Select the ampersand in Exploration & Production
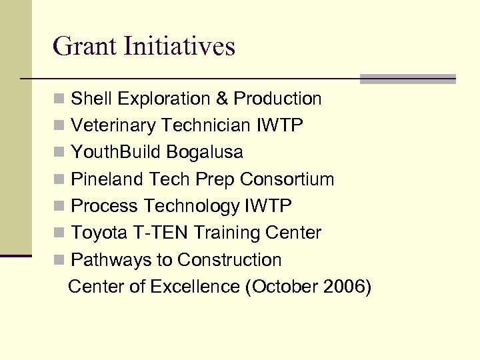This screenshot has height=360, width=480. pos(222,99)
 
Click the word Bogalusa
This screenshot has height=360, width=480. pos(205,153)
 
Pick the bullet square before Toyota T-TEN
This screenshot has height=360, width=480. pos(60,233)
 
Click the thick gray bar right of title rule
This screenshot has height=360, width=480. pos(407,79)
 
